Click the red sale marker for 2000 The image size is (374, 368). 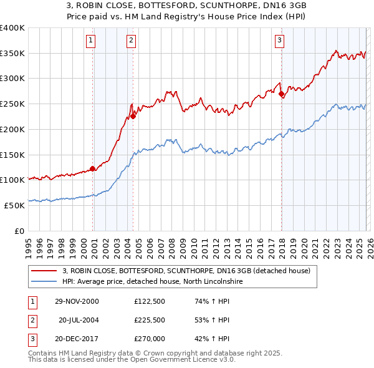93,168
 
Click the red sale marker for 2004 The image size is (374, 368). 133,116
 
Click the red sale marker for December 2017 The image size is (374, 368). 281,94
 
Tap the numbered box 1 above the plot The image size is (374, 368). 91,41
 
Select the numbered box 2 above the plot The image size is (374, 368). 132,41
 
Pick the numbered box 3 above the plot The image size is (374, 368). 280,41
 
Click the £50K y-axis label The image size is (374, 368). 14,205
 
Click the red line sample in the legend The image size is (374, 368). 44,271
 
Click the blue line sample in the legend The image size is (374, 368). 44,281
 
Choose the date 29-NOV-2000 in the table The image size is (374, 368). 77,301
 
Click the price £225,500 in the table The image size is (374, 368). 149,321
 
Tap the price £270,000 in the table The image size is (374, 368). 149,340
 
